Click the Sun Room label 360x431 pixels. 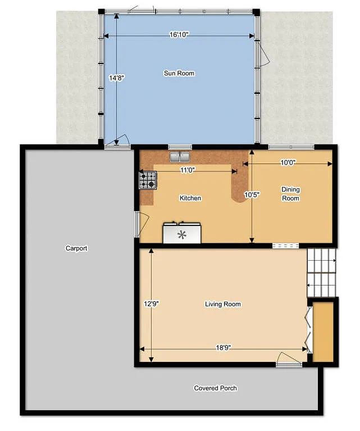179,73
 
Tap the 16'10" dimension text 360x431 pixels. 179,35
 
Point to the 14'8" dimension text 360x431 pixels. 116,79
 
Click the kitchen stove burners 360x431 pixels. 148,180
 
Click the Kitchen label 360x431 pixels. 190,198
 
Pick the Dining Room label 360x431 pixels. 290,194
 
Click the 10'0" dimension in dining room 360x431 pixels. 288,162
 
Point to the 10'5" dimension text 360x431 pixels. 252,195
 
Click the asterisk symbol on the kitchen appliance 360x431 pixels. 181,234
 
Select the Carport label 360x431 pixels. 76,248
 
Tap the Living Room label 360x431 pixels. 223,304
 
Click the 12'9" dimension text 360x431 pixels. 151,303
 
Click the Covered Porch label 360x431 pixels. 216,388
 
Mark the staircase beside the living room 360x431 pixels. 321,273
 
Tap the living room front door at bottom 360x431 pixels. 289,361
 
